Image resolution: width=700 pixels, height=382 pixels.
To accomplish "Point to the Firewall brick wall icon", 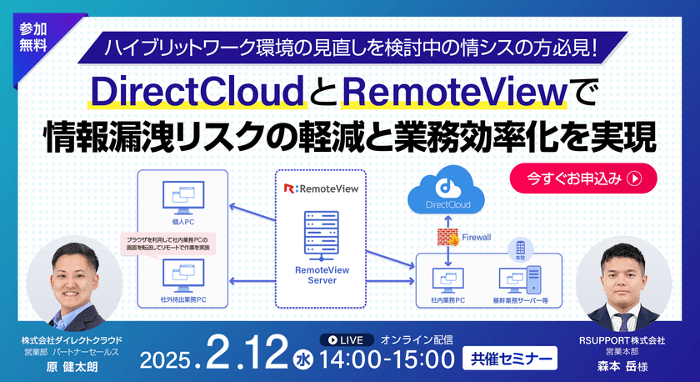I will pos(447,238).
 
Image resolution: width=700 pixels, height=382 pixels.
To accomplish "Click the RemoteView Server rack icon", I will pos(320,232).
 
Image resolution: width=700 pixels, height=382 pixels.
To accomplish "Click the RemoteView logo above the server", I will pos(321,188).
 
